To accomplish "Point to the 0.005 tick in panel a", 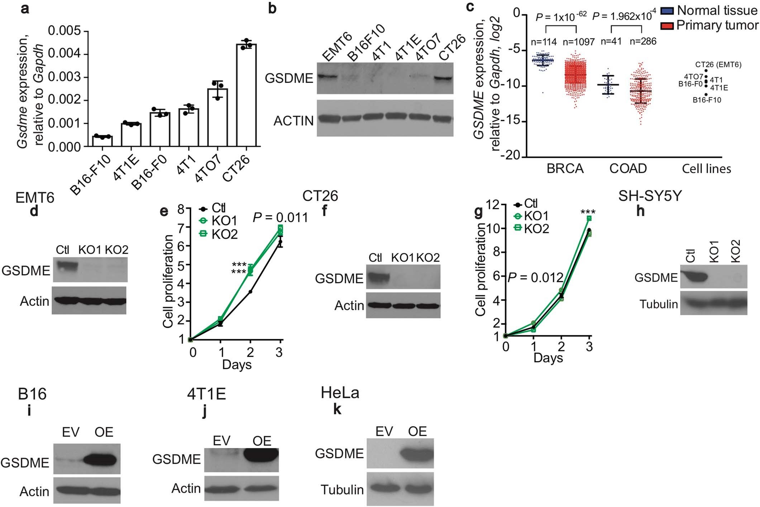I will (x=64, y=31).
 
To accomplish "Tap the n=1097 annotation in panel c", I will (x=579, y=42).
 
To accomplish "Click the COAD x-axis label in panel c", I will (x=628, y=168).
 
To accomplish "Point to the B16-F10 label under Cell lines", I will (x=707, y=100).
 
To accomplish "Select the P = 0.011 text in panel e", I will (x=280, y=217).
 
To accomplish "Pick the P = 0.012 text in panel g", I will (x=536, y=277).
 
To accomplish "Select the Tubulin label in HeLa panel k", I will (x=342, y=489).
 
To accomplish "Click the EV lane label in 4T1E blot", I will (x=221, y=440).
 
